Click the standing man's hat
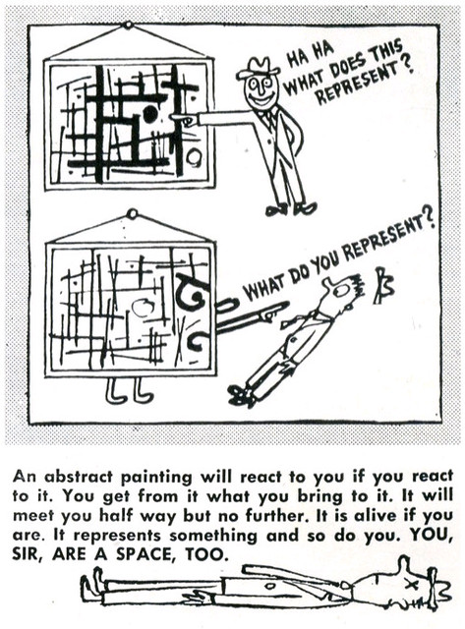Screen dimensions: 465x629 coord(259,68)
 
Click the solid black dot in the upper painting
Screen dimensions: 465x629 coord(150,114)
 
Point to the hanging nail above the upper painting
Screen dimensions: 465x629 coord(128,26)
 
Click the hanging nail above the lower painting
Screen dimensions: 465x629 coord(131,214)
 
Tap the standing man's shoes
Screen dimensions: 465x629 coord(292,208)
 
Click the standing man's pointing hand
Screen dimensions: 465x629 coord(185,118)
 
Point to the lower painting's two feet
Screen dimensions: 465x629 coord(129,391)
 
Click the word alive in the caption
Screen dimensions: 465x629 coord(375,515)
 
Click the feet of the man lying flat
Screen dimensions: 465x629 coord(92,590)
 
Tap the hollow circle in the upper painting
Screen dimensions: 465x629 coord(195,157)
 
